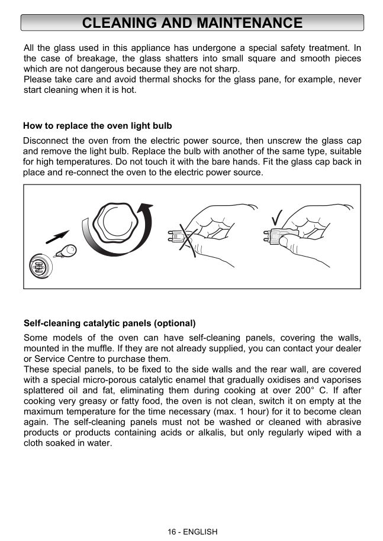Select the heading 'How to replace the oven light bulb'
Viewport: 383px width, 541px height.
coord(98,126)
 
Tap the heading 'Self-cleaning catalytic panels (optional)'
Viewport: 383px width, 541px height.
coord(110,323)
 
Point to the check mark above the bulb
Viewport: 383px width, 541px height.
coord(275,218)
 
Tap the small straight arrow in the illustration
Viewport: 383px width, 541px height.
coord(57,237)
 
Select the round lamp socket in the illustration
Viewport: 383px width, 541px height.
coord(40,267)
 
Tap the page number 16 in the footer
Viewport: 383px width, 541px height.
coord(172,532)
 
